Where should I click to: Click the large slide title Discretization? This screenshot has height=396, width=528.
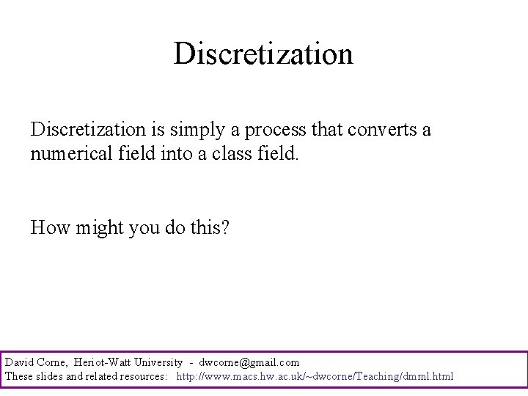click(x=263, y=54)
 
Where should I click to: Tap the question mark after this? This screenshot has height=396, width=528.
click(x=225, y=228)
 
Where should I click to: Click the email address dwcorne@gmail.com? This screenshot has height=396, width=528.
click(x=249, y=362)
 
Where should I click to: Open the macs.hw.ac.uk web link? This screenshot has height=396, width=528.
click(x=315, y=376)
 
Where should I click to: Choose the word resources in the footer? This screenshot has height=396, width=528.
click(x=142, y=376)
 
